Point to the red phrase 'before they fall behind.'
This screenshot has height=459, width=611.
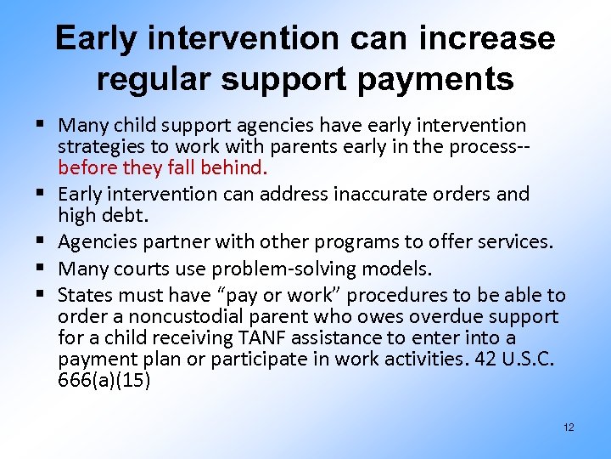coord(163,167)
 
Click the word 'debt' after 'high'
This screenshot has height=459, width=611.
coord(121,214)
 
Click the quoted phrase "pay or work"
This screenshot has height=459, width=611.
coord(285,296)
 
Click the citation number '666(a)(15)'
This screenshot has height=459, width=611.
coord(104,379)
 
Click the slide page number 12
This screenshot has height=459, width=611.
coord(568,427)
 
